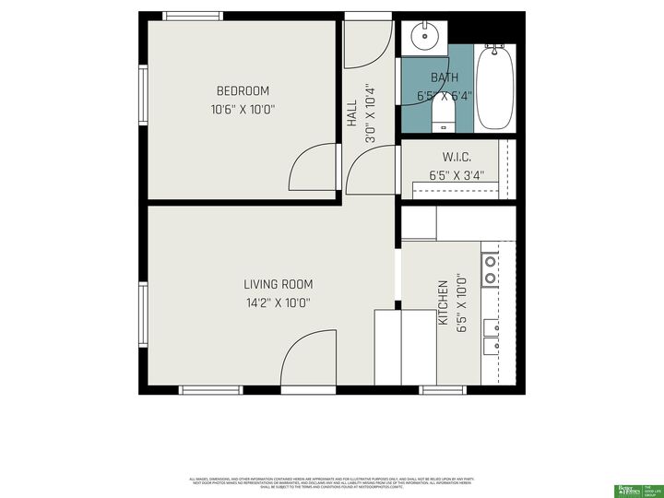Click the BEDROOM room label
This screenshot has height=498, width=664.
243,90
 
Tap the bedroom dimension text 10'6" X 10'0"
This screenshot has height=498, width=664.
243,109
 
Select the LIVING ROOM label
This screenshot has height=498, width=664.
278,284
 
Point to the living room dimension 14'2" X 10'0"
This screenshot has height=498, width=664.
278,302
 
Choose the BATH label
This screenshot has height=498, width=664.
444,77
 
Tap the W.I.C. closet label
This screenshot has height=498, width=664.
456,158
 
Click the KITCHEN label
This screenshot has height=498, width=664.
443,302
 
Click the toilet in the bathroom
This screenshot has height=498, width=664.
444,115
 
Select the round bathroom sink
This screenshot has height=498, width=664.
425,38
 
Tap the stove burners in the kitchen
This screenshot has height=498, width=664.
492,267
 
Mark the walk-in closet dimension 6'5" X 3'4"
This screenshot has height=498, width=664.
456,175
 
